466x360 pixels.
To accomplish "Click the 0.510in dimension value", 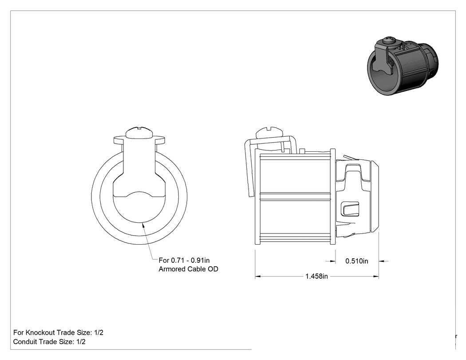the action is click(357, 261).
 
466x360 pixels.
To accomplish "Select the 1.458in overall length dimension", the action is click(316, 277).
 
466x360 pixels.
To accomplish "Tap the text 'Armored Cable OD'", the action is click(189, 269).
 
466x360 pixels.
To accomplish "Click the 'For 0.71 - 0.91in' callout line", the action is click(184, 261).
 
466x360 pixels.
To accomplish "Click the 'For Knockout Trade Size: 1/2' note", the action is click(58, 332).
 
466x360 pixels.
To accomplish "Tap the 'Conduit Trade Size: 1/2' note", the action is click(49, 341).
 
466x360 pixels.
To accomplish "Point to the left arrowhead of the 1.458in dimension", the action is click(258, 277).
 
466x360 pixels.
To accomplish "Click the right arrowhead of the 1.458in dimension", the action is click(376, 277).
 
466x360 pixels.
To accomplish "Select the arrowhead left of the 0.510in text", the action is click(333, 261).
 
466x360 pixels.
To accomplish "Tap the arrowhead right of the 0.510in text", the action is click(382, 261).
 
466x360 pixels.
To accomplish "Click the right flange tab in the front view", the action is click(159, 140).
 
